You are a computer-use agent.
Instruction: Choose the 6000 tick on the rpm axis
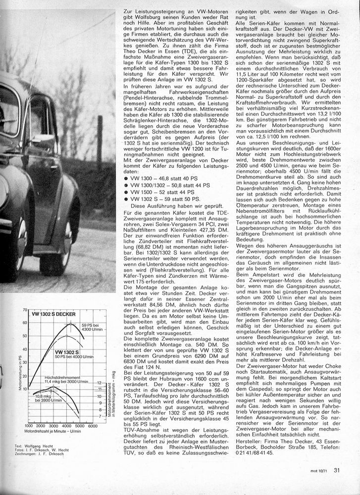tap(93, 426)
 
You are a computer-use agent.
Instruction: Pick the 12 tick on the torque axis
tap(99, 383)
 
